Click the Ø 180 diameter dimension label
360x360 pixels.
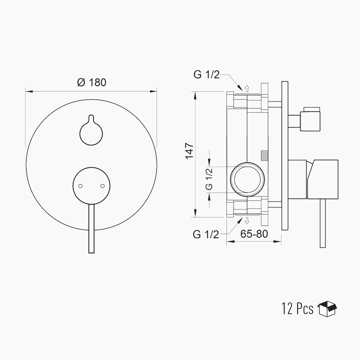coord(92,82)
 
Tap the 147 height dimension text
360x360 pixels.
coord(190,151)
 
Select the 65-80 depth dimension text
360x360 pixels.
coord(254,234)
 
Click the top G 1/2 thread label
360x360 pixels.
coord(207,75)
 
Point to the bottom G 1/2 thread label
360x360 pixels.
coord(206,234)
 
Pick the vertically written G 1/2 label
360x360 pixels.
coord(209,179)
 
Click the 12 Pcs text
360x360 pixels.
coord(298,309)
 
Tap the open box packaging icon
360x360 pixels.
coord(327,309)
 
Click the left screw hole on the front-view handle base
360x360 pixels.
coord(80,186)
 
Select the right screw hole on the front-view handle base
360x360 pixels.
coord(103,186)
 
